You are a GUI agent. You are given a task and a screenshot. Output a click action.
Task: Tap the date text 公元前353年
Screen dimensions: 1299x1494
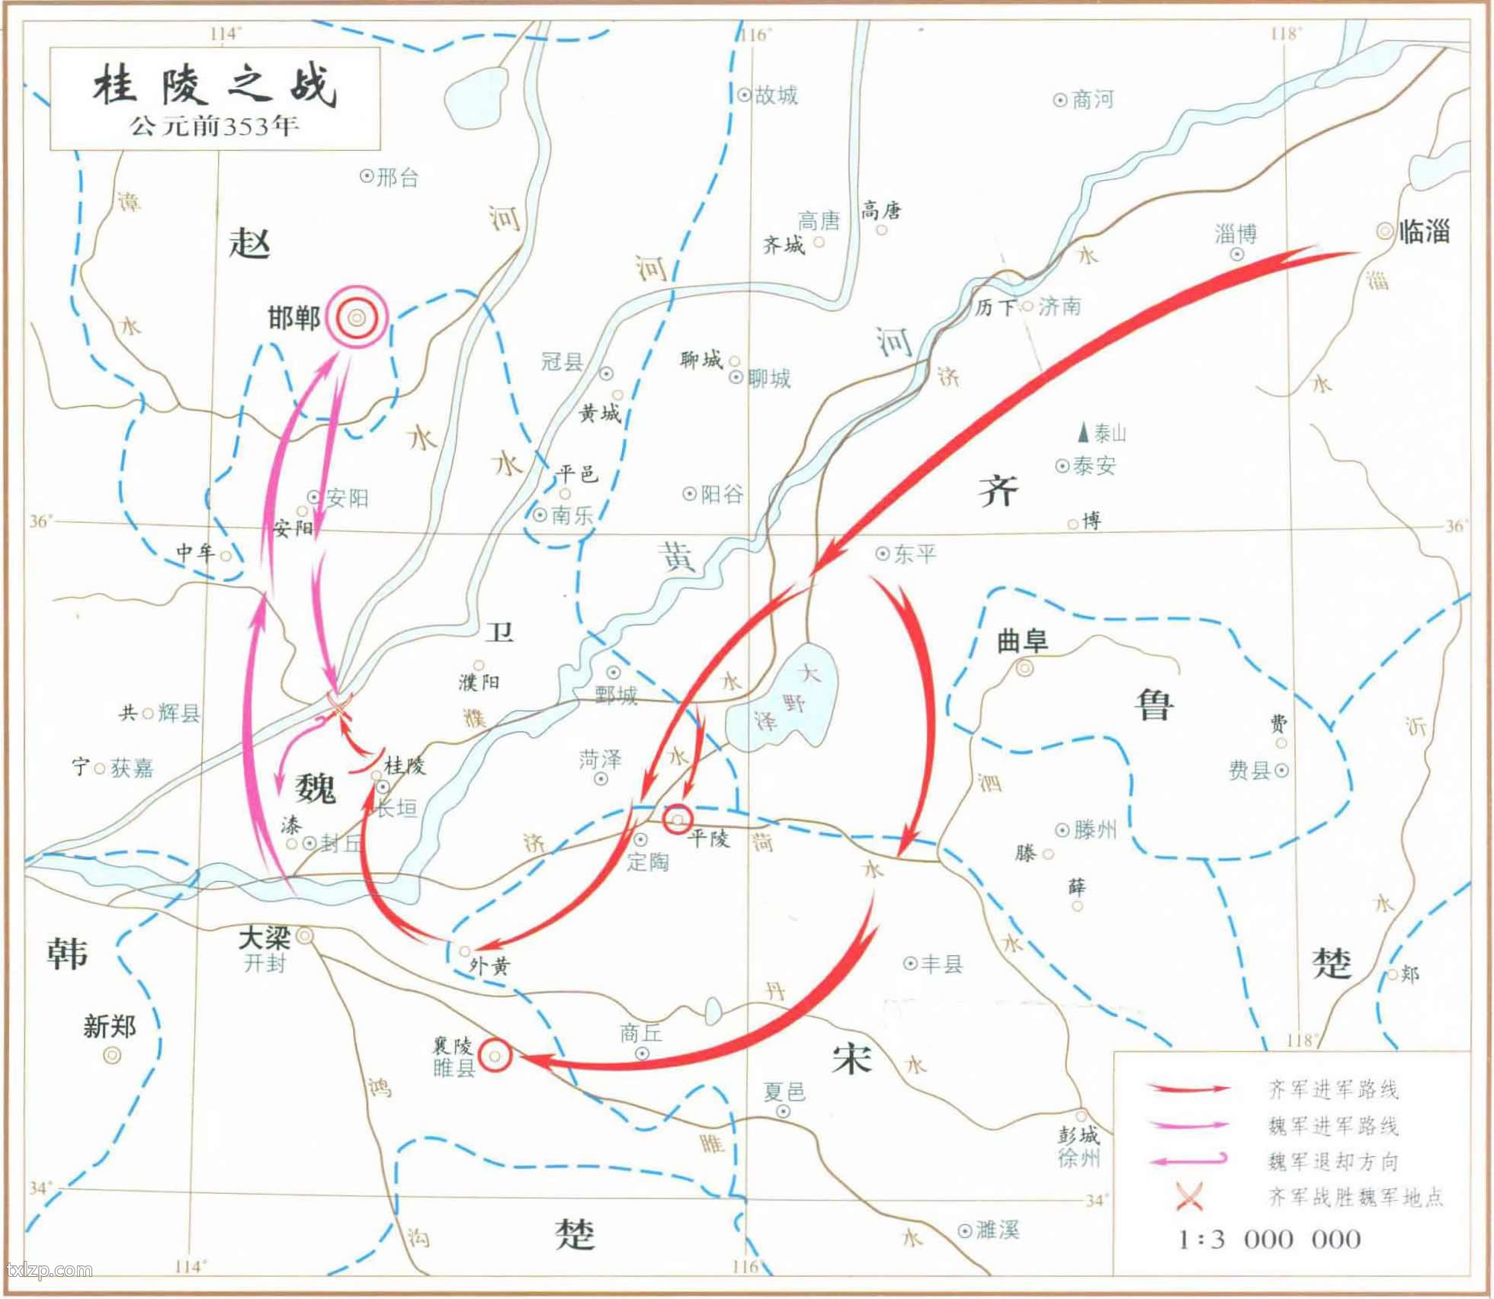(214, 126)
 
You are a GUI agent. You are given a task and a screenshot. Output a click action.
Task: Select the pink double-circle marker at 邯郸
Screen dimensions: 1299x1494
(357, 318)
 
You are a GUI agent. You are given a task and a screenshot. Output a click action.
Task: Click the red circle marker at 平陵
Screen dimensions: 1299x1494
(678, 819)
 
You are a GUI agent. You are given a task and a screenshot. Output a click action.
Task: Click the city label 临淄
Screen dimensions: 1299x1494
(1424, 231)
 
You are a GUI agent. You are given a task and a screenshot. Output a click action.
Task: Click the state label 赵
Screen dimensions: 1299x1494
(249, 244)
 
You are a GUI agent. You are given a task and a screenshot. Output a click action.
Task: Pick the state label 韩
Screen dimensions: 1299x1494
(67, 954)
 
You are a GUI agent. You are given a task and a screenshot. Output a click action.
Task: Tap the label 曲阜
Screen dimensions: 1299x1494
(1022, 642)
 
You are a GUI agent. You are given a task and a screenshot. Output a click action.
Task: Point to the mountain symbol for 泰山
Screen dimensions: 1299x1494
(1082, 434)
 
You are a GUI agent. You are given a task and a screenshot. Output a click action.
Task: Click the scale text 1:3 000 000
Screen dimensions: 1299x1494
(1269, 1239)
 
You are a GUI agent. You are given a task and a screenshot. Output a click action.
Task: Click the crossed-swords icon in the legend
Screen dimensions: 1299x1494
(1189, 1197)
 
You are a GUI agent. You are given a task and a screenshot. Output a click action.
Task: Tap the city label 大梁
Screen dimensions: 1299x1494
(264, 938)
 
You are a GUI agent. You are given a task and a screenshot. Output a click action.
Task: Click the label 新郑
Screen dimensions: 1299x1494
(110, 1027)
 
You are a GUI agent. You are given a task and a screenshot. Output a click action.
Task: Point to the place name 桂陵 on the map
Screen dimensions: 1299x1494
(405, 765)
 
